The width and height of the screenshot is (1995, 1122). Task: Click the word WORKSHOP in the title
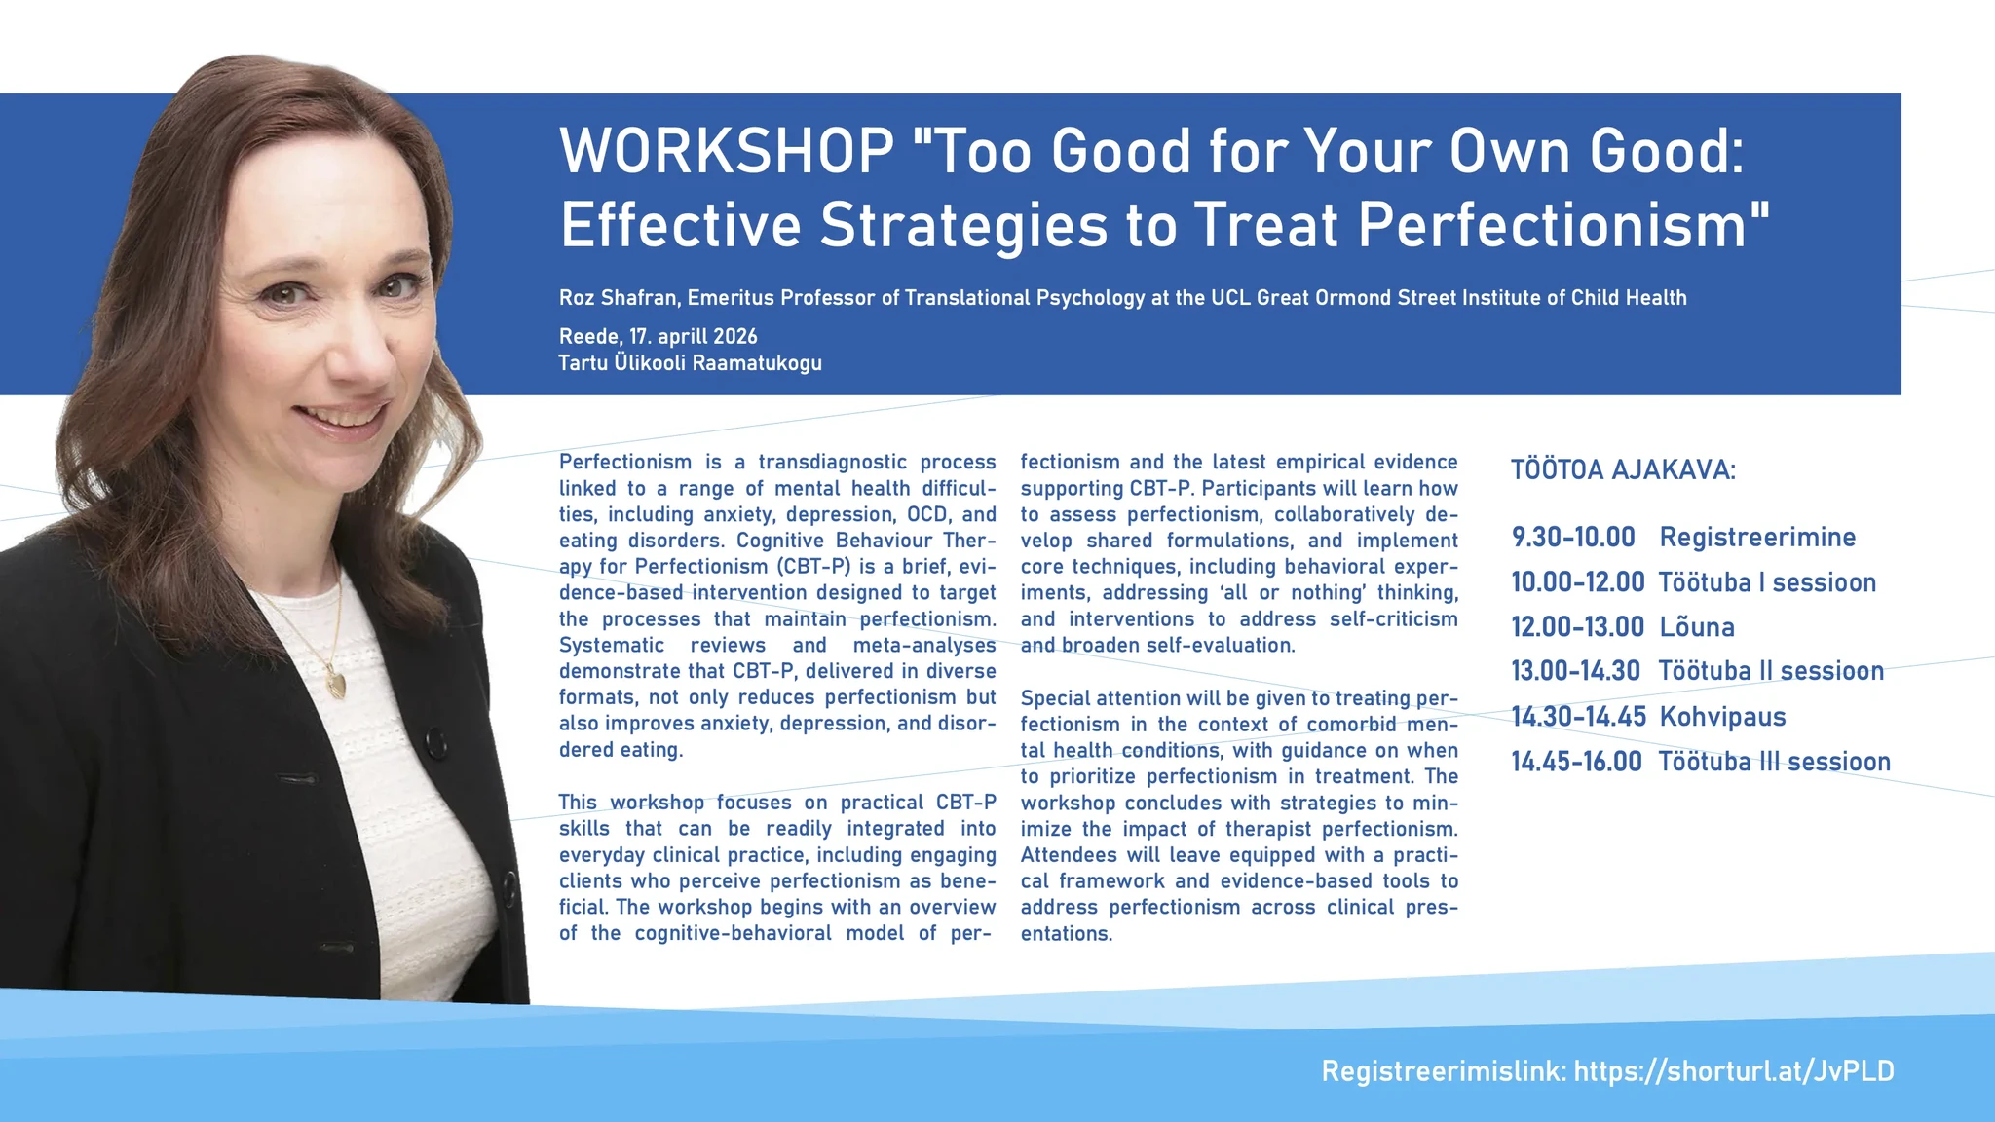pyautogui.click(x=728, y=152)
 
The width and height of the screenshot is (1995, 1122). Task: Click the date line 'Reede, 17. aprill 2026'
pyautogui.click(x=659, y=337)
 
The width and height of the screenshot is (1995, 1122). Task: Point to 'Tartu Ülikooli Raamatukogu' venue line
pyautogui.click(x=691, y=363)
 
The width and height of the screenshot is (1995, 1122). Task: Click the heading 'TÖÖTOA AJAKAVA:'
pyautogui.click(x=1624, y=470)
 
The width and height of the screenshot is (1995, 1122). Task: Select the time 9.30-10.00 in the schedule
pyautogui.click(x=1573, y=537)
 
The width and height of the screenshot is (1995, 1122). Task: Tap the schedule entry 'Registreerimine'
pyautogui.click(x=1758, y=538)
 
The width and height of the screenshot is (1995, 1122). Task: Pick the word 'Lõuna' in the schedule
pyautogui.click(x=1697, y=626)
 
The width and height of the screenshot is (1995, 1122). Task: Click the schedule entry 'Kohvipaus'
pyautogui.click(x=1723, y=717)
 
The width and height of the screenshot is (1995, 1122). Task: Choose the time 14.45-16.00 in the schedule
pyautogui.click(x=1577, y=762)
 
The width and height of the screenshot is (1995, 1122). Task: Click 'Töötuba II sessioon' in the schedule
pyautogui.click(x=1772, y=671)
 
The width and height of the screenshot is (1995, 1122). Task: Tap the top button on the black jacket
pyautogui.click(x=437, y=746)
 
